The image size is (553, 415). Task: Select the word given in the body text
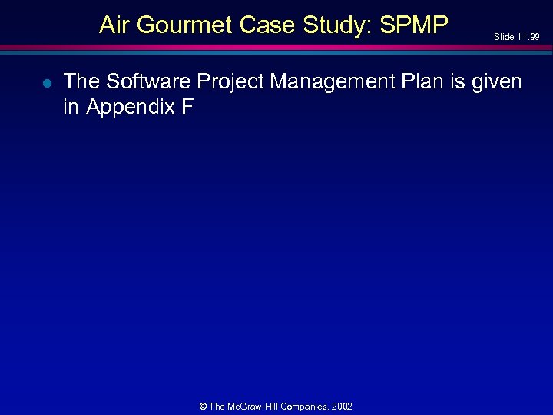click(499, 81)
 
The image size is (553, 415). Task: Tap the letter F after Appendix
click(187, 107)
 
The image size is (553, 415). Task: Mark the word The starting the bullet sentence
click(81, 81)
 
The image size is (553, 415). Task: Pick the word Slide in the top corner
click(503, 37)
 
